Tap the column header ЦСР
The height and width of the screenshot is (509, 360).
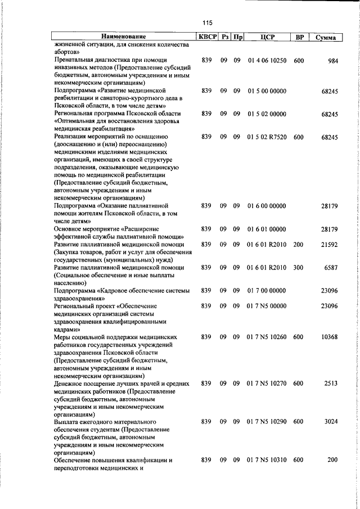(267, 38)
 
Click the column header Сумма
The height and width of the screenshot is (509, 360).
(326, 38)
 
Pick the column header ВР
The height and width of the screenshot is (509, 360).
(300, 38)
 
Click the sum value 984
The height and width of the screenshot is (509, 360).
(332, 60)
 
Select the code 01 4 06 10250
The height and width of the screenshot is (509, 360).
(267, 60)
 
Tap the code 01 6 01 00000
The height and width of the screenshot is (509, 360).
(267, 229)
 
